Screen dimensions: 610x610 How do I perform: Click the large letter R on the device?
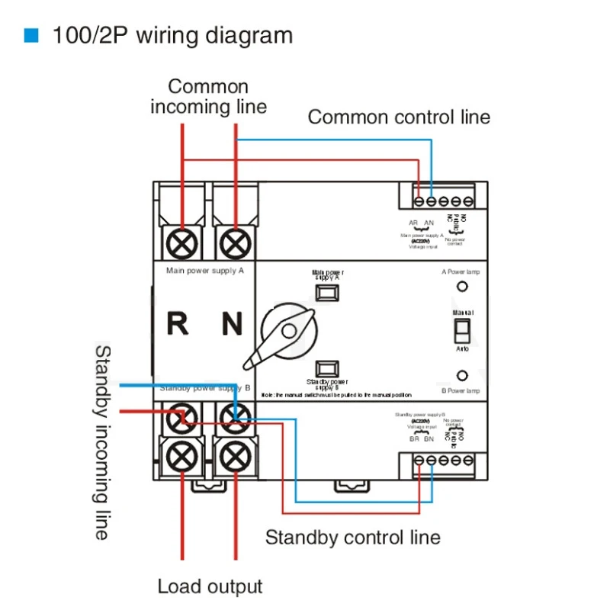[177, 324]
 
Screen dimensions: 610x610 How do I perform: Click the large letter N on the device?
[232, 324]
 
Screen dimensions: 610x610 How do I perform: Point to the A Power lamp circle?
[462, 287]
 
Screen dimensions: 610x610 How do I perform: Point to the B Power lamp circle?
[462, 375]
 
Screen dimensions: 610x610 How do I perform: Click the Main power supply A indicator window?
[327, 293]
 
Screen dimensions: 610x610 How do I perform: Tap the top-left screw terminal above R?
[183, 243]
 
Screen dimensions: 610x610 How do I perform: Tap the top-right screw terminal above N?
[235, 243]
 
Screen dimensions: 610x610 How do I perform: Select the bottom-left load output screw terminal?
[183, 455]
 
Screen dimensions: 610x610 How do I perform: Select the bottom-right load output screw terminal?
[235, 455]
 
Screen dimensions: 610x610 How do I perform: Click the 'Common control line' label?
[399, 117]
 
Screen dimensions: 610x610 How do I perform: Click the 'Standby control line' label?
[352, 537]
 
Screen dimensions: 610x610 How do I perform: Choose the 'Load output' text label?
[210, 586]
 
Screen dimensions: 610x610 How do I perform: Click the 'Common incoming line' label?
[208, 96]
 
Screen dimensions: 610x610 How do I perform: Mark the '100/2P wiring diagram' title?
[172, 36]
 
